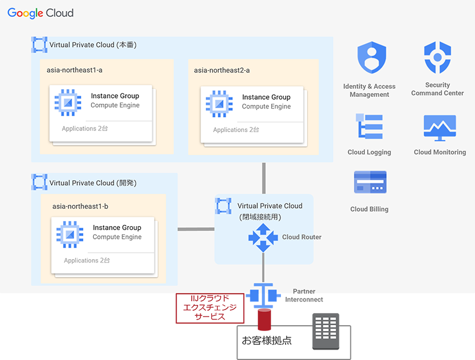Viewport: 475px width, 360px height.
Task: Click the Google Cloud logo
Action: click(x=41, y=13)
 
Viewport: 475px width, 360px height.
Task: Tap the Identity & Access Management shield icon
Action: click(x=371, y=57)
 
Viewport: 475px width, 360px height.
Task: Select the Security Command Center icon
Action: click(x=437, y=57)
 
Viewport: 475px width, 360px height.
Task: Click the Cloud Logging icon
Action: click(x=369, y=127)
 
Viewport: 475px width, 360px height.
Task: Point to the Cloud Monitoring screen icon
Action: click(x=440, y=128)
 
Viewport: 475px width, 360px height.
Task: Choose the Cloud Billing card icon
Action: click(x=370, y=182)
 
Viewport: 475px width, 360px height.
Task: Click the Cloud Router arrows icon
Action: click(x=264, y=237)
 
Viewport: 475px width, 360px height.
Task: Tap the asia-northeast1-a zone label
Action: click(x=75, y=70)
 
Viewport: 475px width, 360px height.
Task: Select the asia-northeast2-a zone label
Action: click(x=222, y=70)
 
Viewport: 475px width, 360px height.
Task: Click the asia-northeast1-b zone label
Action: click(x=81, y=206)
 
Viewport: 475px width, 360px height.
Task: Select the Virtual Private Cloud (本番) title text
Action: click(x=93, y=45)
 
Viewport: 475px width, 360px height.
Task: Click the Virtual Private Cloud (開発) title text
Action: click(x=93, y=183)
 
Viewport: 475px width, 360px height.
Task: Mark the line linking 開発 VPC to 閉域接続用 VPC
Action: click(x=196, y=229)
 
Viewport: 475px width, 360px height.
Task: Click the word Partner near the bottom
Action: click(x=304, y=292)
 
